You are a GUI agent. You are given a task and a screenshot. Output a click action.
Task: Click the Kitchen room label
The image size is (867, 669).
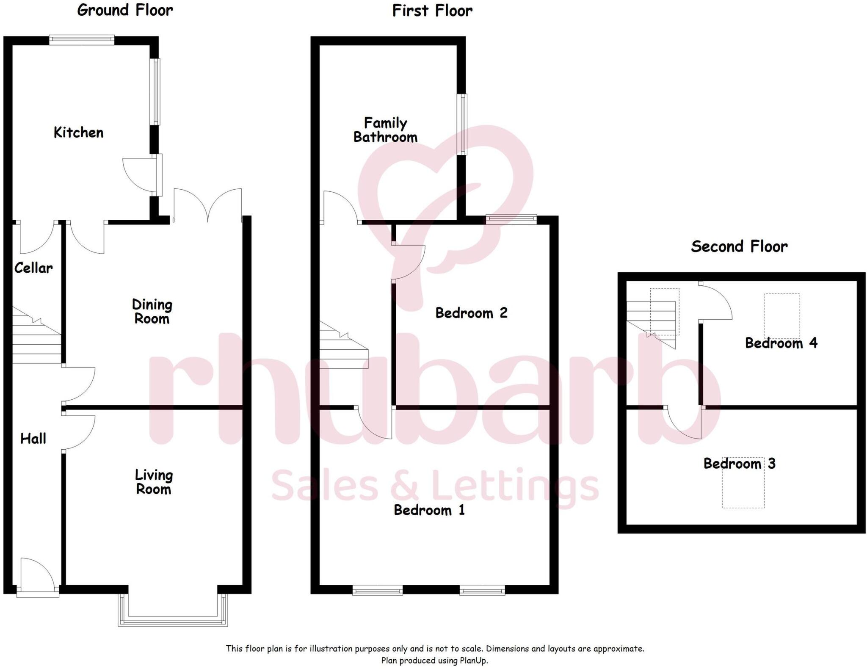pos(78,133)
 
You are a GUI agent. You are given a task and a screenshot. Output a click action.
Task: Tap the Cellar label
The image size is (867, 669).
pos(33,268)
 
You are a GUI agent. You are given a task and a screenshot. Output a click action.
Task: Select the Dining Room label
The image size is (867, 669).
pos(152,311)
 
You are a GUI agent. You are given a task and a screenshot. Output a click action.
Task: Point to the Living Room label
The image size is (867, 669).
pos(154,482)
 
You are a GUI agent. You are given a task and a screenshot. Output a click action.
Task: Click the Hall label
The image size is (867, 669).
pos(33,438)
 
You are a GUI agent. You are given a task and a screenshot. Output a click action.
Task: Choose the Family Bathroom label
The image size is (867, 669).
pos(385,130)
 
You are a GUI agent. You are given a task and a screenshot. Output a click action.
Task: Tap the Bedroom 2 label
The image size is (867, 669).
pos(471,313)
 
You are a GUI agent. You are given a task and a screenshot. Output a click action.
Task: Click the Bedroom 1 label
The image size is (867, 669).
pos(429,510)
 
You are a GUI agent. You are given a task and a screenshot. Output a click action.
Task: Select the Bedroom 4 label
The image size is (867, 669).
pos(781,343)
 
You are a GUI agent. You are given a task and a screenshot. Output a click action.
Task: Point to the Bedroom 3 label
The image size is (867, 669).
pos(739,463)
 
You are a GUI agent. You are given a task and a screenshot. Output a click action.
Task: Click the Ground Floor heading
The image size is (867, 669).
pos(125,10)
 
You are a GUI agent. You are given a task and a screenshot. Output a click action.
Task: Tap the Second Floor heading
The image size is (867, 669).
pos(739,246)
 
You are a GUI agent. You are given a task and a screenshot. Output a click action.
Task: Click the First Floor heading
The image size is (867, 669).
pos(432,11)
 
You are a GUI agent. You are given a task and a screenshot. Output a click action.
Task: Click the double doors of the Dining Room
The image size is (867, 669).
pos(207,205)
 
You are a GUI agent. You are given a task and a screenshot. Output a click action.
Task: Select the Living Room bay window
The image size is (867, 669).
pos(173,621)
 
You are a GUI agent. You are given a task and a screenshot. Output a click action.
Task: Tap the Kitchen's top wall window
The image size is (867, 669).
pos(82,40)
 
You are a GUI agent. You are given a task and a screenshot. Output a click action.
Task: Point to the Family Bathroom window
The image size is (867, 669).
pos(464,124)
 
